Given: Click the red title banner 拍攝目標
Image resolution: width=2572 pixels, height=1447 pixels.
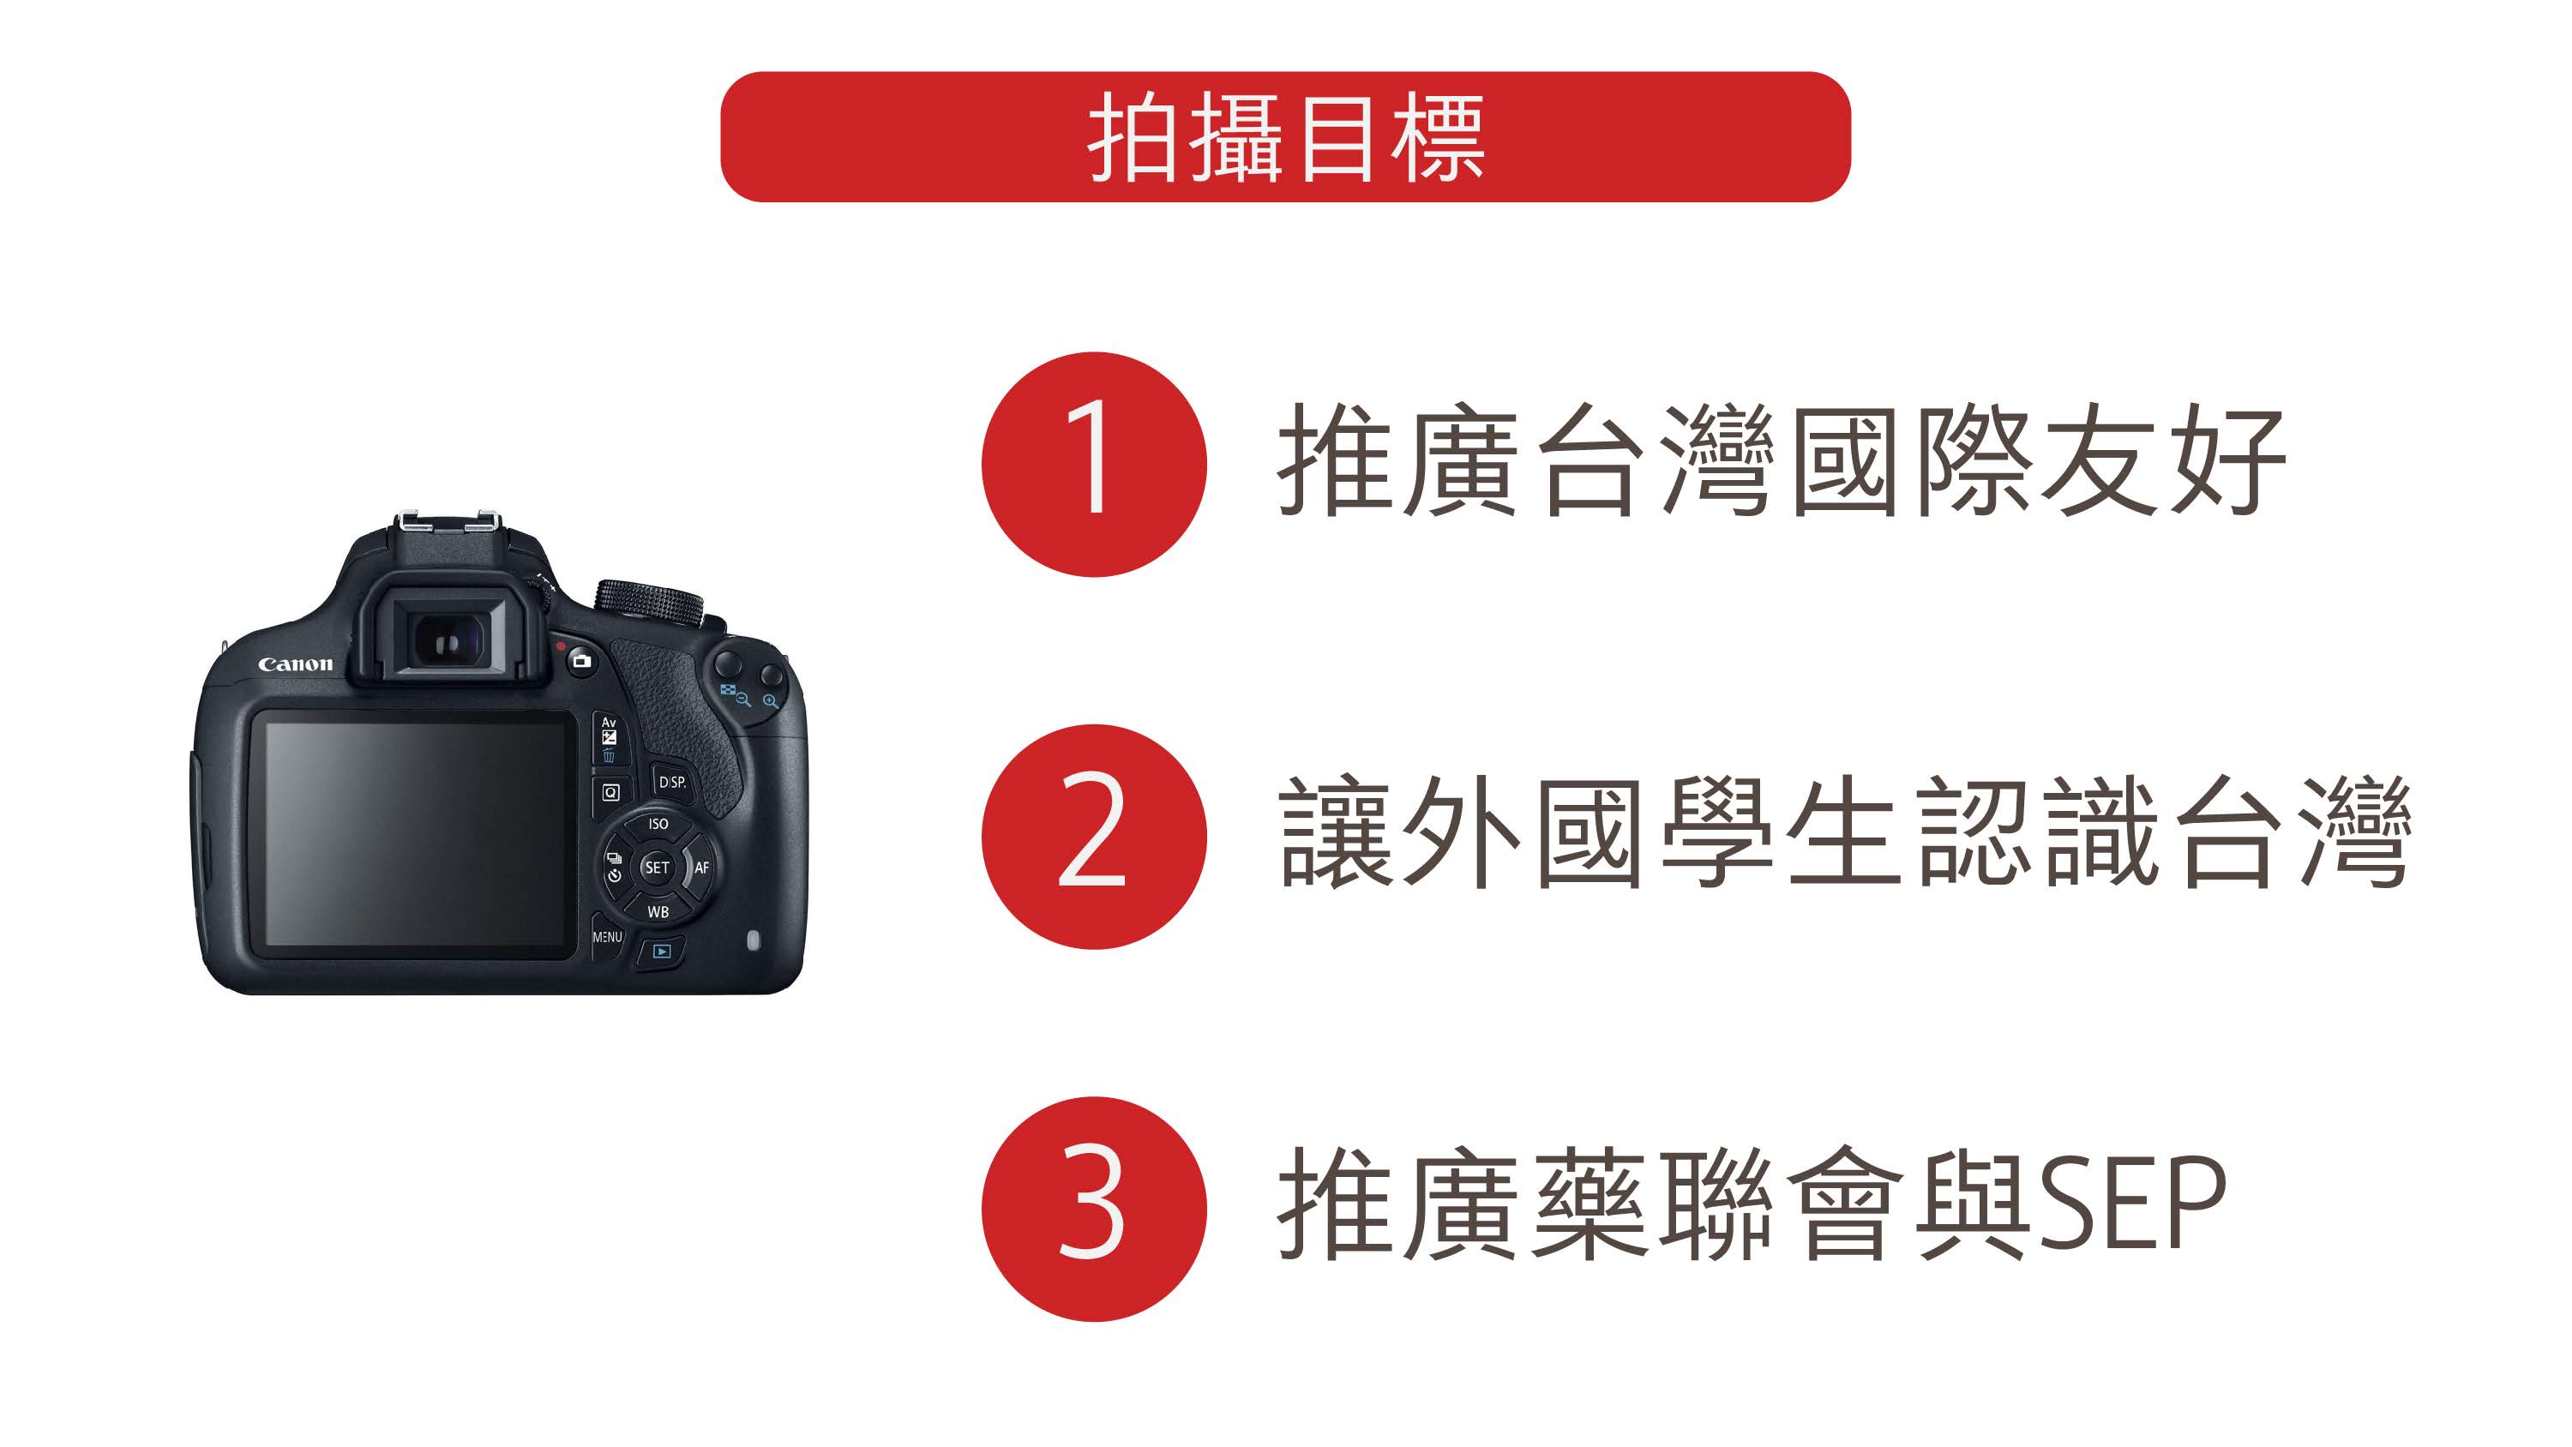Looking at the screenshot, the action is click(1285, 137).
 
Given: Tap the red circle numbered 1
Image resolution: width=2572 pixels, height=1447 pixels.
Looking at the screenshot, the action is click(1093, 465).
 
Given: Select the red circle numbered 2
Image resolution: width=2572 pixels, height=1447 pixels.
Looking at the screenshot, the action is click(1093, 837).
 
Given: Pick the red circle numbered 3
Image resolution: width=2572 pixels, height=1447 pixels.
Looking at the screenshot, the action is click(1093, 1210).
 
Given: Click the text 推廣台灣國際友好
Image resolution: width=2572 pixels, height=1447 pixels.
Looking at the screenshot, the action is click(1782, 461).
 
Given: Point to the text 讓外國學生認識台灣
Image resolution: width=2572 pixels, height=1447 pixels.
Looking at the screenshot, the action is click(1845, 833).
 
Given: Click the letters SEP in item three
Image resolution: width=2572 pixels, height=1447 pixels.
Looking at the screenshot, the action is click(2133, 1204).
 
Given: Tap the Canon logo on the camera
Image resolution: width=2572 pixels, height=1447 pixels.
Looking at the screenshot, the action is click(296, 664).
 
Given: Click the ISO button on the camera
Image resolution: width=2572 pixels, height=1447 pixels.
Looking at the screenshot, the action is click(658, 824).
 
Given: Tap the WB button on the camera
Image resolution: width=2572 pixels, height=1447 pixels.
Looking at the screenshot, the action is click(658, 912).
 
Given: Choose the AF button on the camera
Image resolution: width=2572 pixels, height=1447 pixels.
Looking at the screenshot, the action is click(702, 868).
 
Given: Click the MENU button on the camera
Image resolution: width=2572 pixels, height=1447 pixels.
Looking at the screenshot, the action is click(606, 938).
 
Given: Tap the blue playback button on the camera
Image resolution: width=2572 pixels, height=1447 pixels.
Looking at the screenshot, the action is click(661, 952).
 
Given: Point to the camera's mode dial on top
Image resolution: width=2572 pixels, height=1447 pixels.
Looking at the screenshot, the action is click(650, 602).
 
